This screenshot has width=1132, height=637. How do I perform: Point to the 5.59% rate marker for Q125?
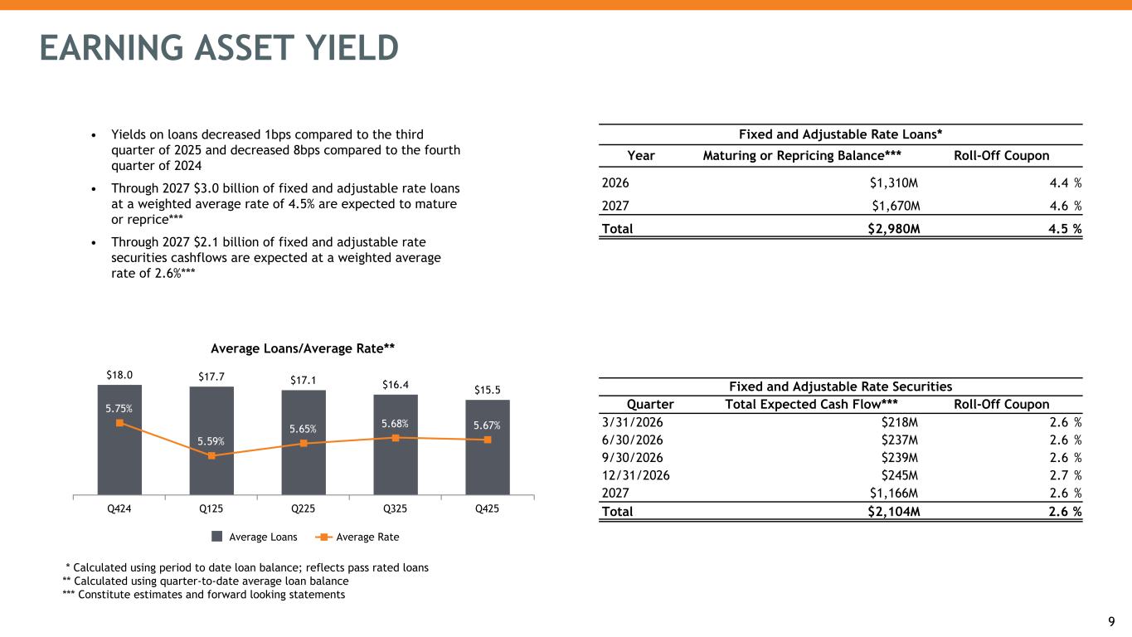(x=211, y=455)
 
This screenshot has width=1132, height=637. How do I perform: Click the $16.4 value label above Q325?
(x=396, y=384)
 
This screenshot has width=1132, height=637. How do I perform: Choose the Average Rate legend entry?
(x=358, y=537)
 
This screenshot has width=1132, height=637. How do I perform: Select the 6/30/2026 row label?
(x=633, y=440)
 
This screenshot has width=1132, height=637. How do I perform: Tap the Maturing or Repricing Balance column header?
(x=801, y=156)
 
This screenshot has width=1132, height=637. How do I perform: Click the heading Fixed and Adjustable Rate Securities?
(x=840, y=387)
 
